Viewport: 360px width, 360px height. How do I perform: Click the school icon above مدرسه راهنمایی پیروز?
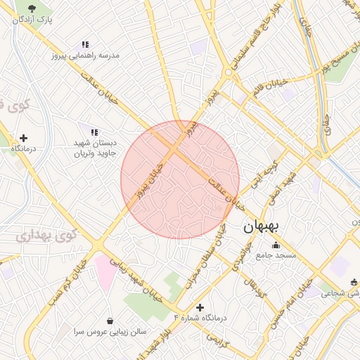pyautogui.click(x=85, y=44)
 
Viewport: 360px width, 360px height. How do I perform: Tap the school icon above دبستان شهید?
pyautogui.click(x=94, y=131)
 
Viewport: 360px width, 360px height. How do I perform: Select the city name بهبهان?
pyautogui.click(x=262, y=226)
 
